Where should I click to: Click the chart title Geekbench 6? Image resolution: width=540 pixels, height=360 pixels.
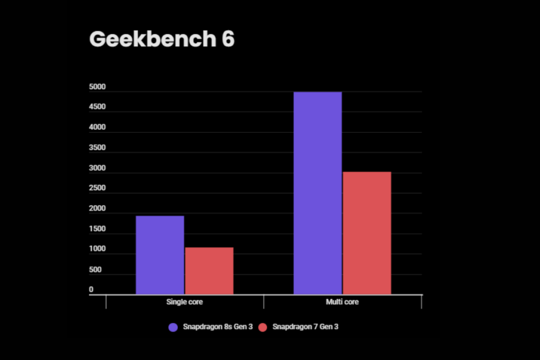click(x=161, y=40)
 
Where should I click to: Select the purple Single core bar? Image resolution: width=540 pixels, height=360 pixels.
click(x=160, y=255)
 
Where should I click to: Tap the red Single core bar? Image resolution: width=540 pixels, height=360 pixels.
click(x=209, y=271)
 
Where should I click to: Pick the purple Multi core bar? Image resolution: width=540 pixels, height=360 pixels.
click(x=317, y=193)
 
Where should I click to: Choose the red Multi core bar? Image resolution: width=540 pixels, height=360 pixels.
click(x=367, y=233)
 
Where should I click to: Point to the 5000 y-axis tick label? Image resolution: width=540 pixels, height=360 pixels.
click(x=98, y=87)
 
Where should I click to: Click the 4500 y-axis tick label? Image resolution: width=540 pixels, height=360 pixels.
click(x=98, y=107)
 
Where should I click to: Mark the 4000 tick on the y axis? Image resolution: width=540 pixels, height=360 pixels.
click(x=98, y=128)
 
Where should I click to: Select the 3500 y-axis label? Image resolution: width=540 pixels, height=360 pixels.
click(x=98, y=148)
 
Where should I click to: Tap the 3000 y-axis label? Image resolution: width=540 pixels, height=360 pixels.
click(x=98, y=169)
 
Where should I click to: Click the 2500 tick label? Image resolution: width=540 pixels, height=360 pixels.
click(x=98, y=188)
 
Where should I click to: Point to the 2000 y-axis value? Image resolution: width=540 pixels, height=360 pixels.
click(x=98, y=209)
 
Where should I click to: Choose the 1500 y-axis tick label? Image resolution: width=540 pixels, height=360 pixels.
click(x=98, y=229)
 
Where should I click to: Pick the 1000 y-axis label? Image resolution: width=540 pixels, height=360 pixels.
click(x=98, y=249)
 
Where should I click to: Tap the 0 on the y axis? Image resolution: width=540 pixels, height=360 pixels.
click(x=91, y=290)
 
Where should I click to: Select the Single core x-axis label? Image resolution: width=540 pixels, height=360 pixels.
click(x=185, y=302)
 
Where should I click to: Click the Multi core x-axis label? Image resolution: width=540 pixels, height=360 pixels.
click(x=342, y=302)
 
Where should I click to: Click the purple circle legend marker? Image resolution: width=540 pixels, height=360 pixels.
click(x=173, y=327)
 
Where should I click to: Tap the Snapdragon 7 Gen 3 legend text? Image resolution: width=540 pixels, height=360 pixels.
click(x=305, y=327)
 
